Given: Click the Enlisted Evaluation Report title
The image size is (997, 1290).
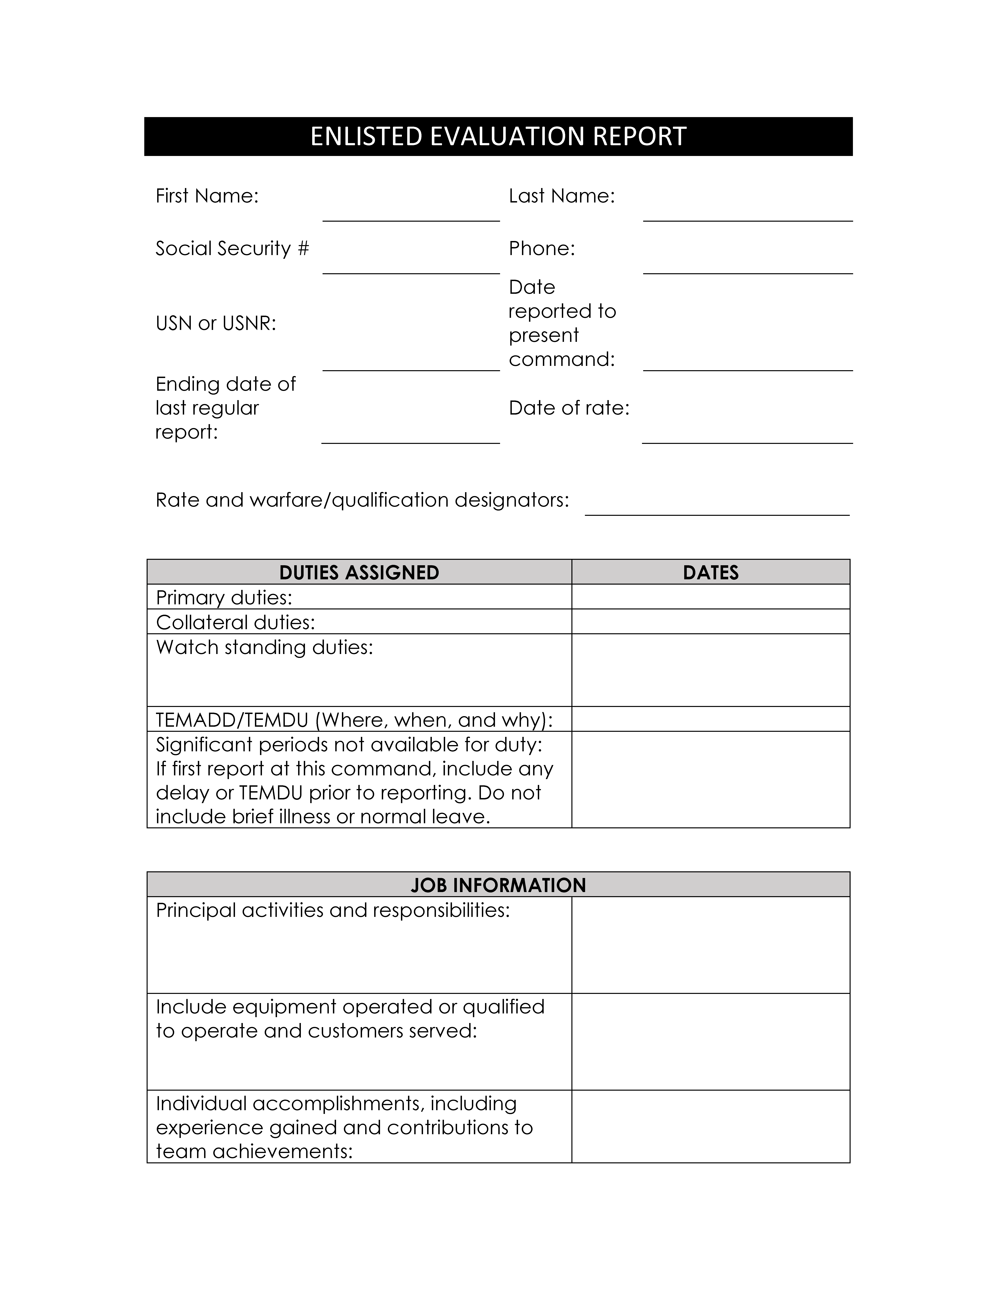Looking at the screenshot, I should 498,136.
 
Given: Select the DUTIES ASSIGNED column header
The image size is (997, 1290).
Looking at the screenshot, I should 359,572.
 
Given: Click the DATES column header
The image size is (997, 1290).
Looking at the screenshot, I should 711,572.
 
